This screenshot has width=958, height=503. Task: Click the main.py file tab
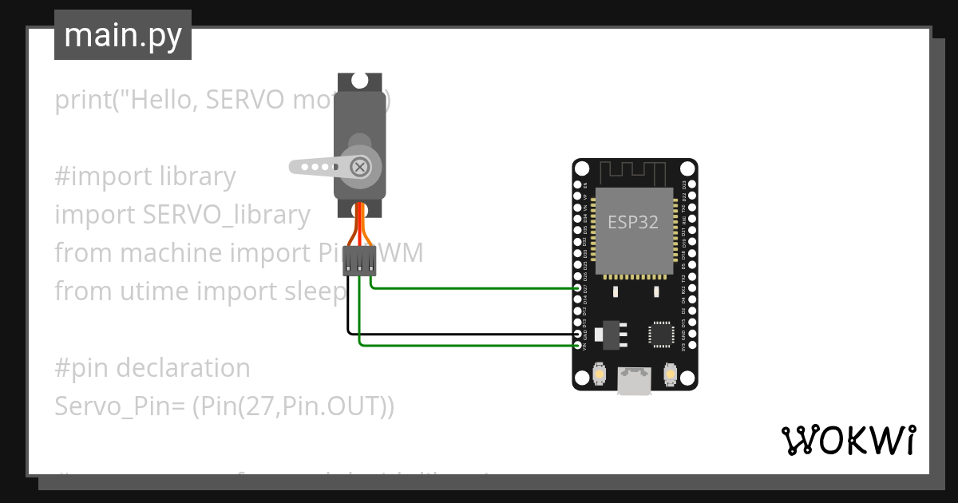coord(123,36)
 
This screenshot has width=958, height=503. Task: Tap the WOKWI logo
coord(848,440)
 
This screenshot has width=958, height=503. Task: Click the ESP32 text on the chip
coord(633,222)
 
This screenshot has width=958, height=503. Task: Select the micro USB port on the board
coord(634,381)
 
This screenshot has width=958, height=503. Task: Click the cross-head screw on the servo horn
coord(360,166)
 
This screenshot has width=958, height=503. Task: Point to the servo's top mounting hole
coord(360,80)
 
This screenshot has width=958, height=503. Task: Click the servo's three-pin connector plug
coord(360,261)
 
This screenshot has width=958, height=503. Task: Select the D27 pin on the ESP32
coord(578,288)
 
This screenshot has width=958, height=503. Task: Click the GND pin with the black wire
coord(578,334)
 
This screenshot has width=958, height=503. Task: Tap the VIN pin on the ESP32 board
coord(578,345)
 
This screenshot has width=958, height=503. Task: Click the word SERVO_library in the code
coord(227,215)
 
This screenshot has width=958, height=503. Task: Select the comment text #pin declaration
coord(152,368)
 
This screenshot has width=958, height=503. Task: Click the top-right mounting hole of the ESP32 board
coord(687,169)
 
